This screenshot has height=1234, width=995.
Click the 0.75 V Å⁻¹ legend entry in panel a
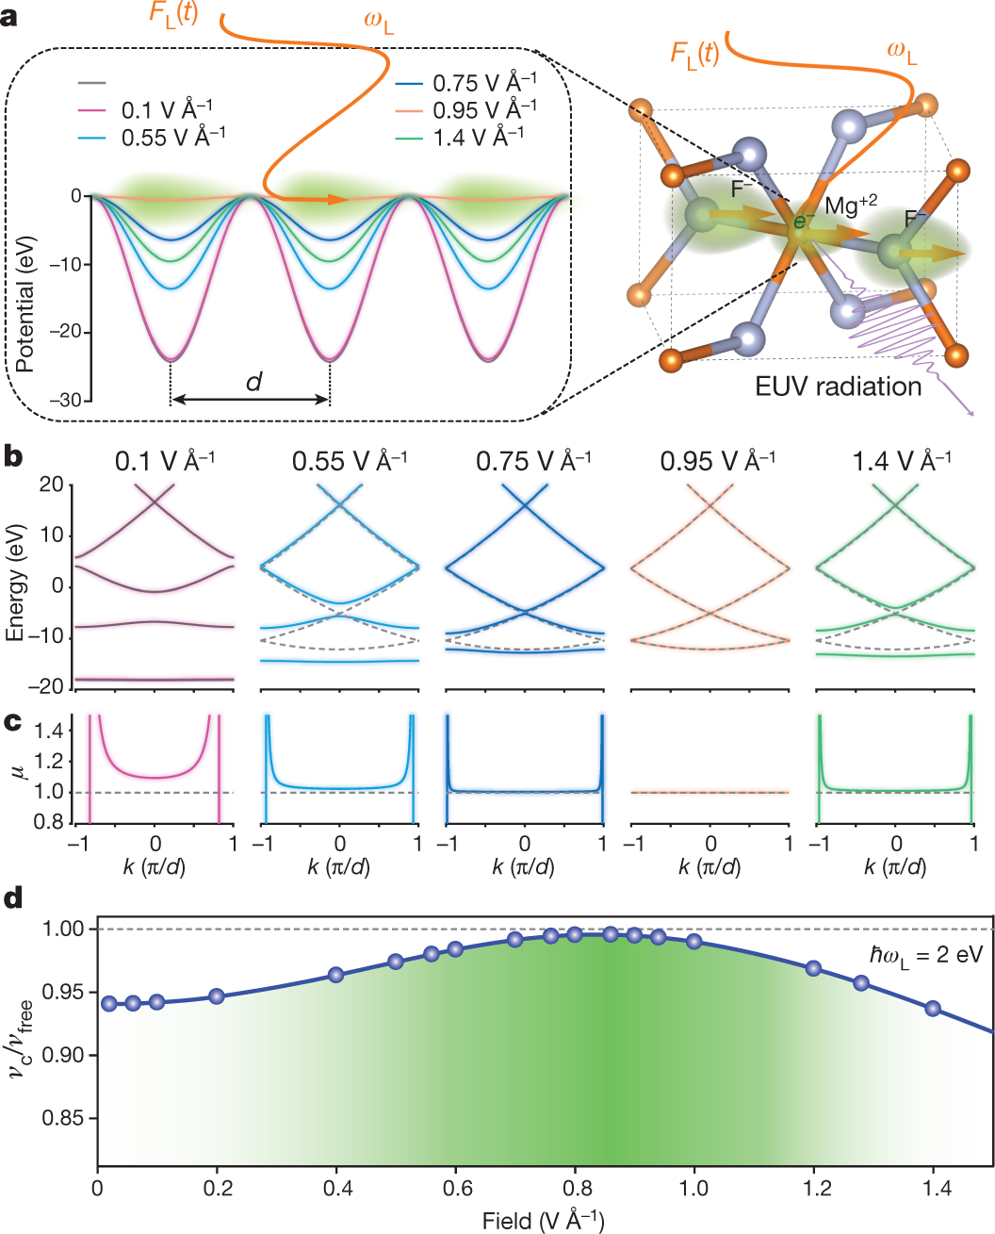[x=466, y=83]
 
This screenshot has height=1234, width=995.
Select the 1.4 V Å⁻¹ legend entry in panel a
[x=459, y=138]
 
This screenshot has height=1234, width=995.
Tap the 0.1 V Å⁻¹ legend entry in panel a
[x=146, y=109]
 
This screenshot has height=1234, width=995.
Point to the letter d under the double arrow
[x=253, y=382]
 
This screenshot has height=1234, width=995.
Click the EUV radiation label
[x=838, y=387]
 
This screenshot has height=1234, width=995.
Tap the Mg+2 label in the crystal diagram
[x=851, y=205]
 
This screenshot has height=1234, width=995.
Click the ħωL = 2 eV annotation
[x=925, y=955]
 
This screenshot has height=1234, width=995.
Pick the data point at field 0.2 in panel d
[x=216, y=996]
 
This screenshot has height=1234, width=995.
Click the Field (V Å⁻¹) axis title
[x=543, y=1220]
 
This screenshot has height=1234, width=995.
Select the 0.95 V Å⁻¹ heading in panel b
[x=718, y=461]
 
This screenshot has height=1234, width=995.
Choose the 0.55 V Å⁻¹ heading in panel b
[x=350, y=461]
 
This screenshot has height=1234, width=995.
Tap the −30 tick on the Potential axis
[x=66, y=400]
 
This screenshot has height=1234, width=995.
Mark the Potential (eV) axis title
[x=25, y=304]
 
